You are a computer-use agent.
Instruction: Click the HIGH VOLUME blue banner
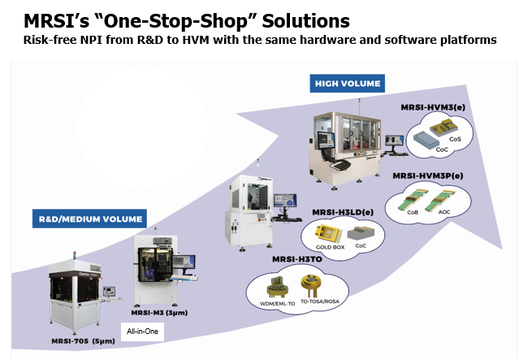point(348,83)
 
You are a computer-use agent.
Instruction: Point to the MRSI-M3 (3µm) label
point(159,312)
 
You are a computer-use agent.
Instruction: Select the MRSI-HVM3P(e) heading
point(428,175)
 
